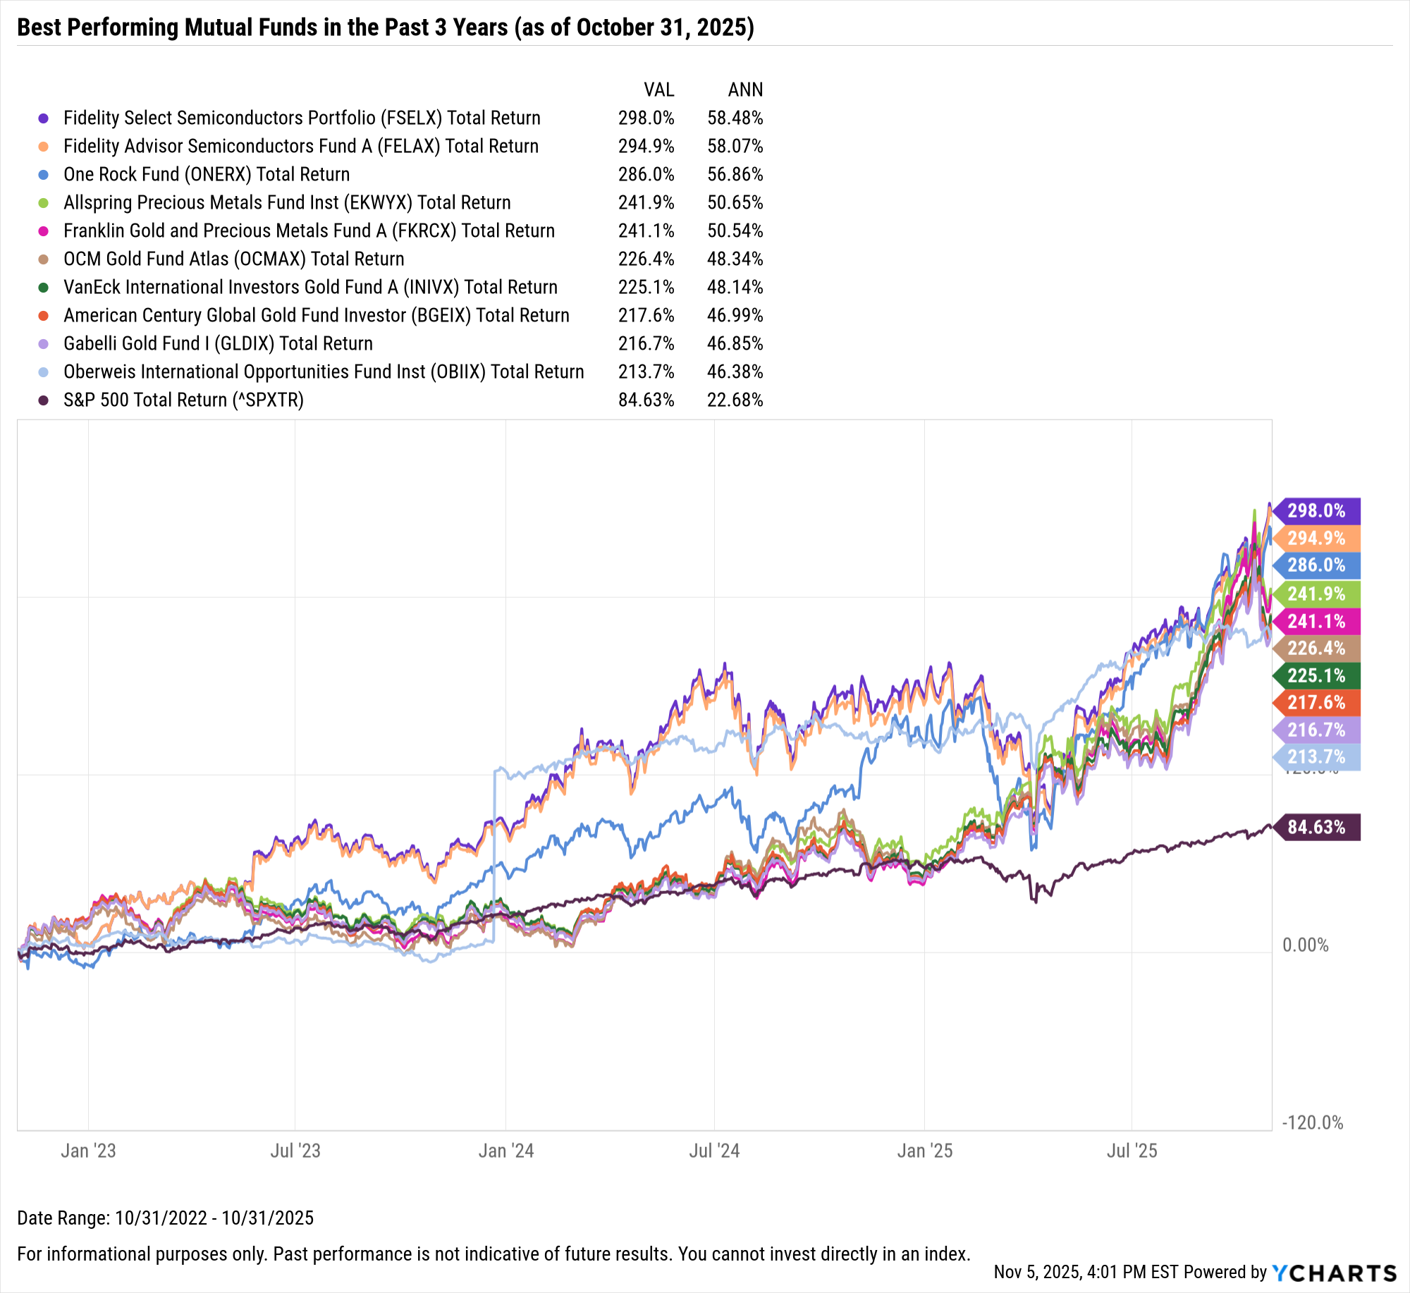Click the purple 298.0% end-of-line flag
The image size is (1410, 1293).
pos(1316,510)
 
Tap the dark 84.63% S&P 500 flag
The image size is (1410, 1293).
pos(1316,826)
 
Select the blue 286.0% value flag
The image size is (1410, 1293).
pos(1316,565)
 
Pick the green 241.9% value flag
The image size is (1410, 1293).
pos(1316,594)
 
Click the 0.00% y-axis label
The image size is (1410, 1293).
pos(1305,945)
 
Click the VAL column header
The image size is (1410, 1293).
pos(658,90)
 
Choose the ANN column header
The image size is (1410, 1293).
pos(745,90)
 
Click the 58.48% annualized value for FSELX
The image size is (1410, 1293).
pos(735,118)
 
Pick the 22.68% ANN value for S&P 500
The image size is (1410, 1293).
pos(735,400)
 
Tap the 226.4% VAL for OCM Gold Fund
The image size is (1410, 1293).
pos(646,259)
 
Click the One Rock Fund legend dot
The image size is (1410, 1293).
pos(44,175)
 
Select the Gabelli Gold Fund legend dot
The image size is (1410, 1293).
pos(44,344)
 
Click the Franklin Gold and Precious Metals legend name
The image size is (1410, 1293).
pos(309,231)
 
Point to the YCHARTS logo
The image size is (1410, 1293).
pos(1334,1273)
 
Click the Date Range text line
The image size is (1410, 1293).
pos(165,1218)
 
